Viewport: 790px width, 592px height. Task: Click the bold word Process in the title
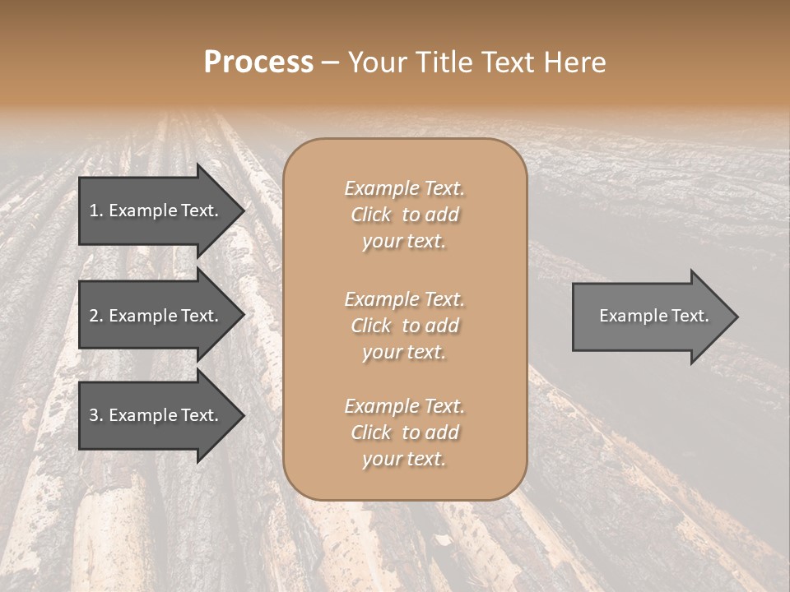(258, 62)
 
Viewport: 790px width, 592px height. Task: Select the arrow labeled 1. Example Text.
(156, 210)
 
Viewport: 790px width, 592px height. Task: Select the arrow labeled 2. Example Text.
(156, 316)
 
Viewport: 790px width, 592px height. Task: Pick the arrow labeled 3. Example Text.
(156, 415)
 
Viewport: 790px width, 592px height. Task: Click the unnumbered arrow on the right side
(650, 316)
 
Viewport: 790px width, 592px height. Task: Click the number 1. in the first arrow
(96, 210)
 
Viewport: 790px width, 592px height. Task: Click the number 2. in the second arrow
(96, 316)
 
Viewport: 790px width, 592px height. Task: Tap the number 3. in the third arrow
(96, 415)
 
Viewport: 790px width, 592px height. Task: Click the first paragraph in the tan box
(404, 215)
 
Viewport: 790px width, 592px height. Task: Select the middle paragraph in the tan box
(404, 325)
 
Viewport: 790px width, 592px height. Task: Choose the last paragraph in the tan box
(404, 432)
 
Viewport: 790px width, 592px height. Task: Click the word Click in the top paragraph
(371, 215)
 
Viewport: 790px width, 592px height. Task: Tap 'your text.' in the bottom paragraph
(404, 459)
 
